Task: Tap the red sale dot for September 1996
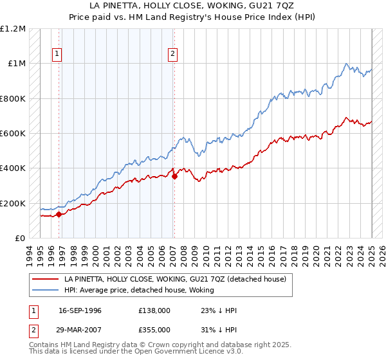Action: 59,214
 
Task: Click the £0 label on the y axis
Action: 19,239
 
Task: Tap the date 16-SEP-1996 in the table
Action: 80,310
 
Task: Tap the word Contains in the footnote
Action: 44,345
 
